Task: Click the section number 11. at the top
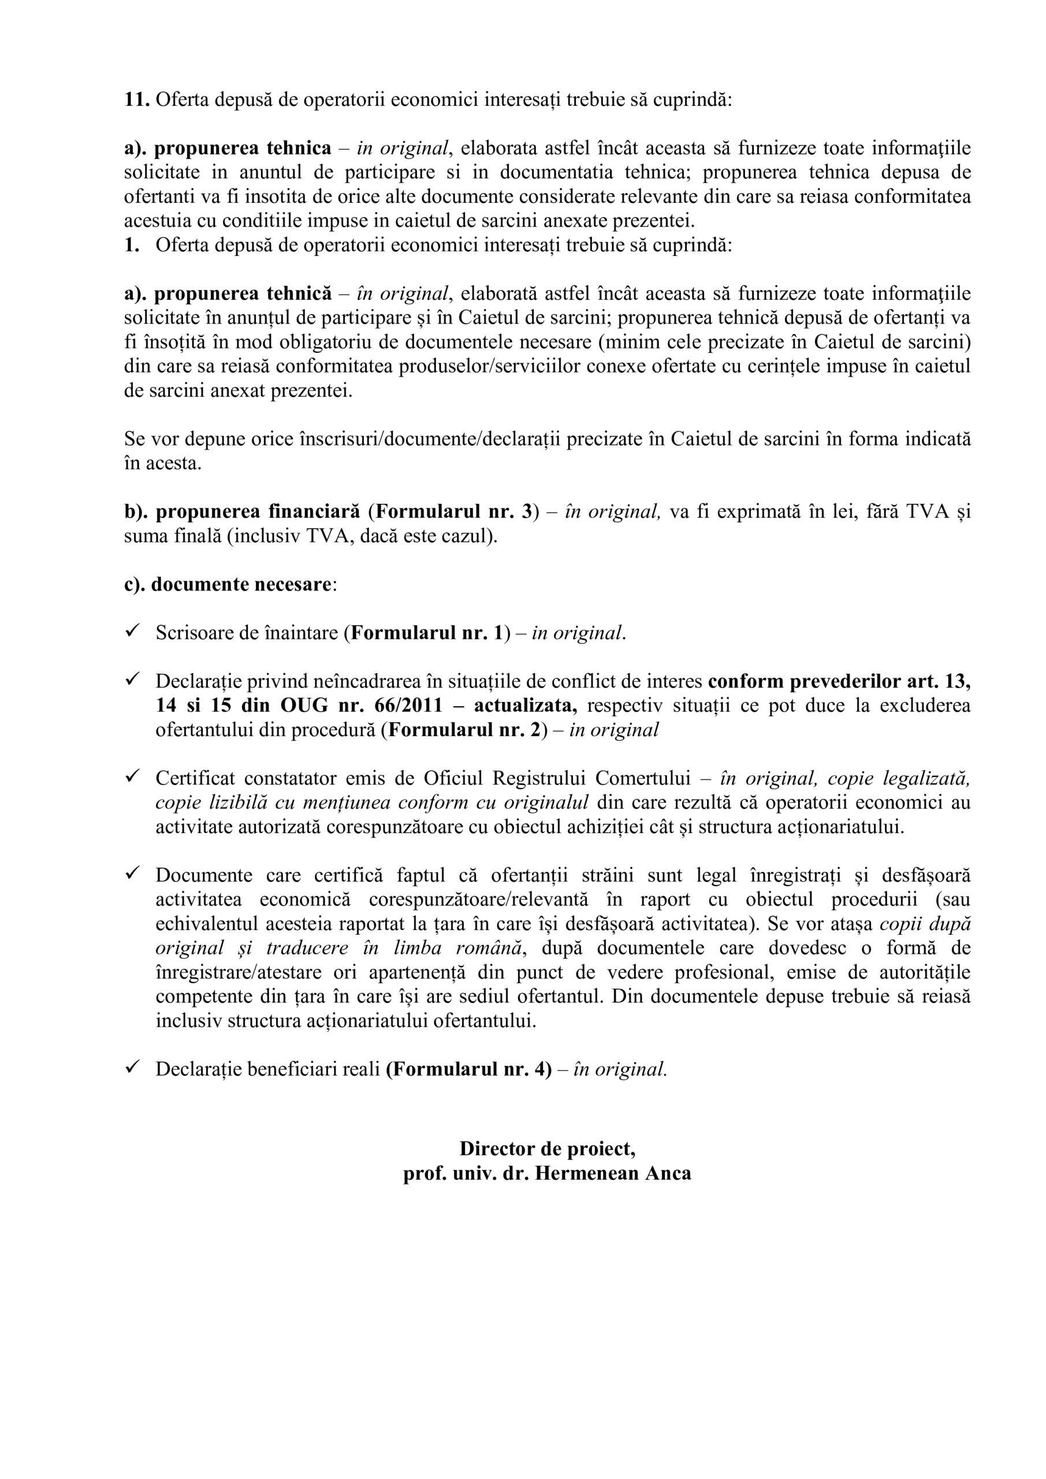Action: (x=136, y=101)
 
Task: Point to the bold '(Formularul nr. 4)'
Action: (x=469, y=1069)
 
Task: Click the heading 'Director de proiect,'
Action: (x=548, y=1149)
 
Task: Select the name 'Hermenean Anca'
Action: (x=613, y=1173)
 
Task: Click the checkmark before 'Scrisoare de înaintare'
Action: (x=133, y=632)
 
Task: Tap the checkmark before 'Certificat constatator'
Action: (x=133, y=778)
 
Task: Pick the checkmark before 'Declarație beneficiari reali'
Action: (x=133, y=1068)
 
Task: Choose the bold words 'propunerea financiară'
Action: (x=258, y=511)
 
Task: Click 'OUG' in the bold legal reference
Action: (x=298, y=705)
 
